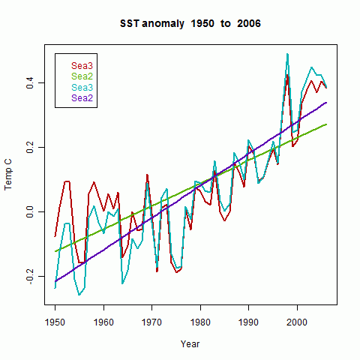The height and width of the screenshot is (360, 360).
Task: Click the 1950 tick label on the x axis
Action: coord(55,322)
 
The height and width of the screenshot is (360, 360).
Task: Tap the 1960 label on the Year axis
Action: coord(103,322)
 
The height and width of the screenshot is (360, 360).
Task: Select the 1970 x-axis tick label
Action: coord(151,322)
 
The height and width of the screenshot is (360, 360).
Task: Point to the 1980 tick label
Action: coord(200,322)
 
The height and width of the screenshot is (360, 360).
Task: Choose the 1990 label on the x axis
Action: coord(248,322)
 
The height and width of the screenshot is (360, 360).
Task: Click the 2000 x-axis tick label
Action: coord(297,322)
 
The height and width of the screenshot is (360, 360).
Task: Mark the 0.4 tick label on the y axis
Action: coord(30,82)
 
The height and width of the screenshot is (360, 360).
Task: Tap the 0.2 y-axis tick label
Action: coord(30,147)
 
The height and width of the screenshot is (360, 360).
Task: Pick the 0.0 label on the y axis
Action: coord(30,211)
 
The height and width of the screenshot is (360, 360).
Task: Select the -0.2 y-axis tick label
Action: coord(30,276)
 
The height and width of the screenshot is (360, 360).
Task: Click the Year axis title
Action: coord(190,344)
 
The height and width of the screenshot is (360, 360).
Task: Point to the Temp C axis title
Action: coord(8,175)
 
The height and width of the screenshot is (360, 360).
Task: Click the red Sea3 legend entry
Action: coord(82,66)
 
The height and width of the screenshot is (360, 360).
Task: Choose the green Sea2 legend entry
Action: coord(82,76)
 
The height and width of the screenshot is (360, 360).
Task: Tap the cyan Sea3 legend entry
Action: coord(82,88)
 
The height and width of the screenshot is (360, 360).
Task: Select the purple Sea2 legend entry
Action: coord(82,98)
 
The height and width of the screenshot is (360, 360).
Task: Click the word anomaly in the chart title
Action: coord(163,24)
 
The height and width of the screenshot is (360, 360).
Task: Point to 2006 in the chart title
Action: coord(249,23)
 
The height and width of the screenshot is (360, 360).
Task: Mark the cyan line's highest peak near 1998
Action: coord(287,54)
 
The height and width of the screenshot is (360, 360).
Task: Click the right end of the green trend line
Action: coord(326,124)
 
